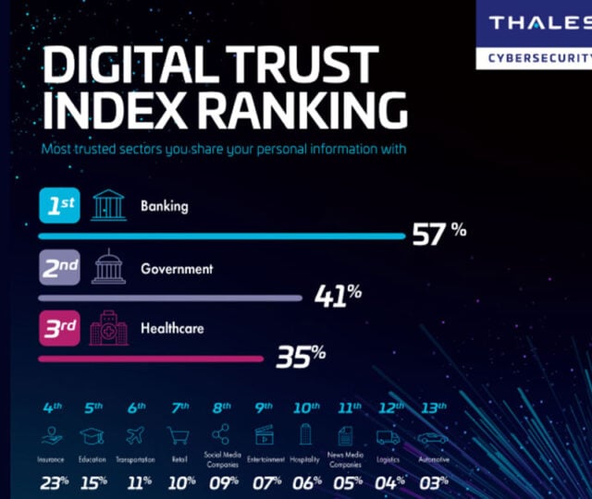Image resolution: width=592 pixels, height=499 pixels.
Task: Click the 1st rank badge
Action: tap(62, 206)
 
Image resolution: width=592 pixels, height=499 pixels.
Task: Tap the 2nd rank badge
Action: tap(62, 270)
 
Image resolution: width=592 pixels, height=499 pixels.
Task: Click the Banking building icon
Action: tap(108, 206)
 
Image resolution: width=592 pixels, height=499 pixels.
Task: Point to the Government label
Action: tap(177, 269)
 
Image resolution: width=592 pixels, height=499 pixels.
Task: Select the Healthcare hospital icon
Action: tap(108, 329)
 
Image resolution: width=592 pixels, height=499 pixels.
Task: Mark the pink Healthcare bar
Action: tap(149, 359)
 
